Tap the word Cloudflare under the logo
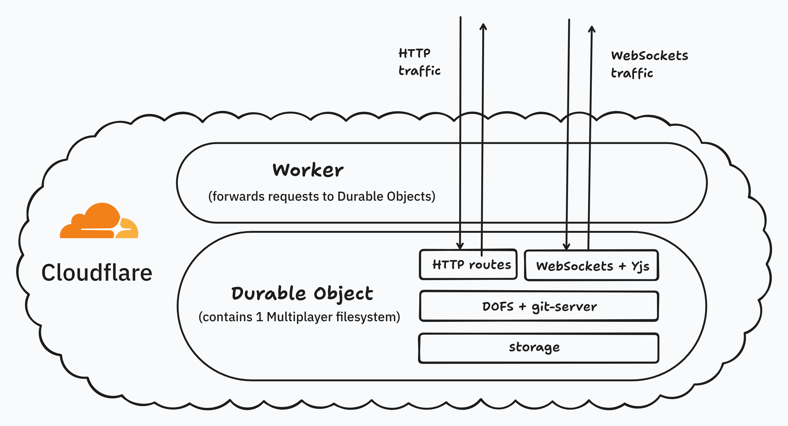(97, 273)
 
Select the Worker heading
(308, 170)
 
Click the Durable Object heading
(302, 294)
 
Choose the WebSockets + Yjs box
(592, 266)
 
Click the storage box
(538, 348)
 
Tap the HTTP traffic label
(419, 62)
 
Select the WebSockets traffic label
(649, 64)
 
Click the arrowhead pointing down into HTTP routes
(460, 246)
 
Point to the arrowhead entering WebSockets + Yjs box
(566, 246)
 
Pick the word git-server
(564, 307)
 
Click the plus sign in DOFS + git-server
(522, 306)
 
